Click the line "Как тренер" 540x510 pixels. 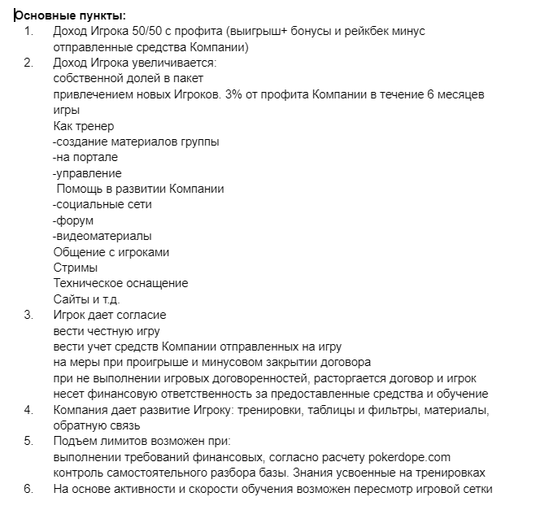(x=84, y=126)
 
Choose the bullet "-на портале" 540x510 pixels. (x=85, y=157)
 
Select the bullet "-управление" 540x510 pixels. (x=87, y=173)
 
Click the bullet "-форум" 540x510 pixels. (x=73, y=220)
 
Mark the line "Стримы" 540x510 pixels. (x=76, y=268)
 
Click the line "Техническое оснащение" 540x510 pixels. (x=120, y=283)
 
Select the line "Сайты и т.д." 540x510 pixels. (x=86, y=299)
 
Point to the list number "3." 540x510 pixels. (x=29, y=315)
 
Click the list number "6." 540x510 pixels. (x=29, y=489)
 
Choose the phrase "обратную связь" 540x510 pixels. (x=96, y=425)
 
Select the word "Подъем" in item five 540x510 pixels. (x=73, y=442)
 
